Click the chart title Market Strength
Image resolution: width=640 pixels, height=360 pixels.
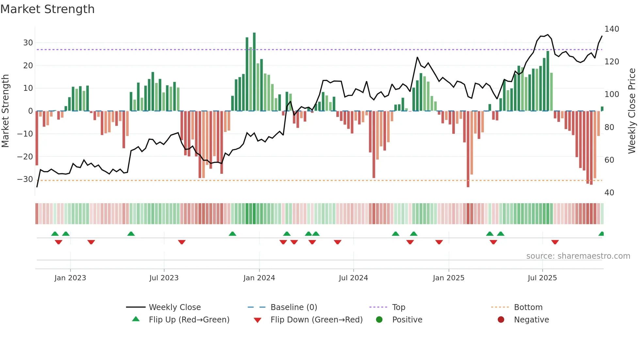click(x=48, y=9)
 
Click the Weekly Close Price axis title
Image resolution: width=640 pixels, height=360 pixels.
click(x=632, y=111)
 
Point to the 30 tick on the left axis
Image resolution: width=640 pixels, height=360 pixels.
click(x=28, y=43)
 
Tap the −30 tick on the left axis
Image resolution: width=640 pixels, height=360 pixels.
click(x=25, y=179)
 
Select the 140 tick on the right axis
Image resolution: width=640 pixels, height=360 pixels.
click(x=612, y=29)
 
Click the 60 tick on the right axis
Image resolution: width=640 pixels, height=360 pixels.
click(x=609, y=160)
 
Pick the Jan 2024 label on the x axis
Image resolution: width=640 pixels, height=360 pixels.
click(x=259, y=278)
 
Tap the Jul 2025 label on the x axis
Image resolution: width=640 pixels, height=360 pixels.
click(x=542, y=278)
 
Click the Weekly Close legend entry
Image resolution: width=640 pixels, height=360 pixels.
click(x=175, y=307)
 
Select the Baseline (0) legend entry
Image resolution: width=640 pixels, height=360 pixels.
click(x=294, y=307)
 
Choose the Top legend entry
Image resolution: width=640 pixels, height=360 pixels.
click(x=398, y=307)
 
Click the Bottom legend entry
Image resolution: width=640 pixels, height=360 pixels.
click(x=528, y=307)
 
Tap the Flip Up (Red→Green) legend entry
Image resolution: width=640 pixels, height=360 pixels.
click(x=189, y=320)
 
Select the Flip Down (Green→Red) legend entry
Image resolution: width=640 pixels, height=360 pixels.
click(x=316, y=320)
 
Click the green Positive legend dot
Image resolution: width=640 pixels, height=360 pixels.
click(x=379, y=320)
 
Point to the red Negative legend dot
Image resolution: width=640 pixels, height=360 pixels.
click(x=501, y=320)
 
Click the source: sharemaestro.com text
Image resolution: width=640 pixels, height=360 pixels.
click(x=578, y=256)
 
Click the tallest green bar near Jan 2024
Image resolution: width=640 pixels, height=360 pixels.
click(x=254, y=72)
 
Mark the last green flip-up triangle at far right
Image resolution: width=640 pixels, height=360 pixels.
click(x=601, y=234)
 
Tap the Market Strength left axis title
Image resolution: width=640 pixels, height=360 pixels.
click(x=6, y=111)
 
